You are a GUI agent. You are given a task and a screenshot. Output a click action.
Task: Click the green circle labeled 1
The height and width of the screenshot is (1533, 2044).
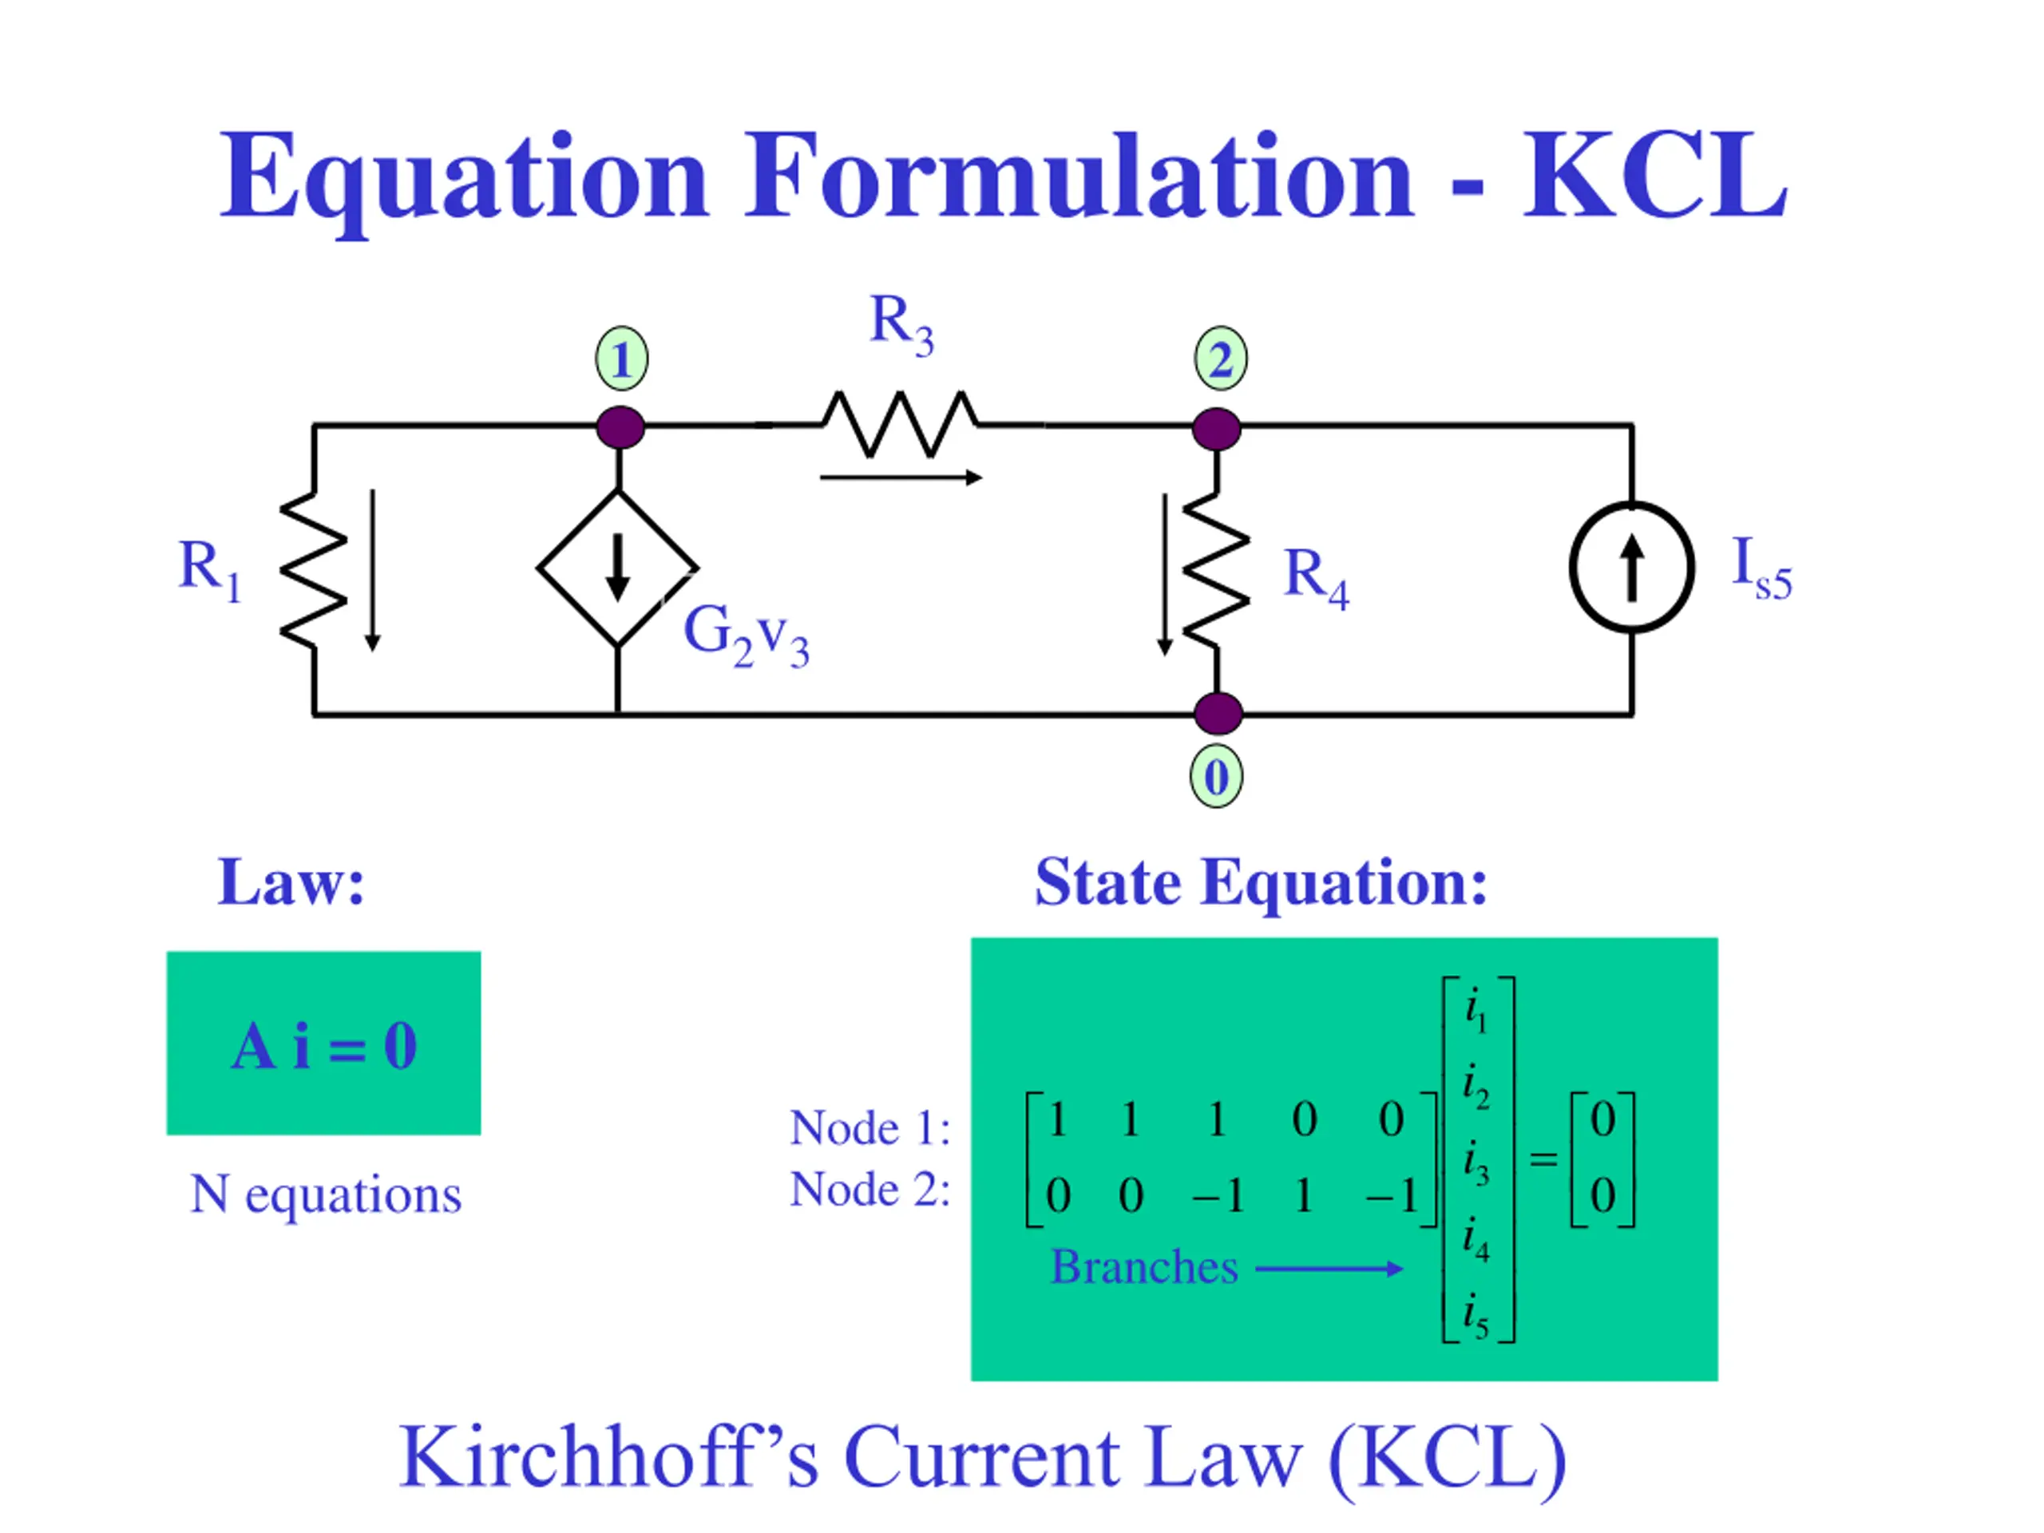[x=621, y=358]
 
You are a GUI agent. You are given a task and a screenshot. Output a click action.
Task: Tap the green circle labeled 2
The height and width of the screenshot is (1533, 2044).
[x=1220, y=358]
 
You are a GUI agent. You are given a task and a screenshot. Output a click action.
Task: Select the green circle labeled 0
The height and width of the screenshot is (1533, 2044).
[x=1216, y=776]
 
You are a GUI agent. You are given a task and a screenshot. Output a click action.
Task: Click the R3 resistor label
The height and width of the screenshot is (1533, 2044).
[x=901, y=323]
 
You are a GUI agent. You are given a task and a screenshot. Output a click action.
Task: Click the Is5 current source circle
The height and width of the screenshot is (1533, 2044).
[x=1631, y=568]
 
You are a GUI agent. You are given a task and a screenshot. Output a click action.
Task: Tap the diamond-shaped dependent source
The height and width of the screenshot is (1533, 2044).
[x=617, y=568]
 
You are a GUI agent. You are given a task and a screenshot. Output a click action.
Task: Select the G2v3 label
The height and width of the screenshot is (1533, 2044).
[x=746, y=636]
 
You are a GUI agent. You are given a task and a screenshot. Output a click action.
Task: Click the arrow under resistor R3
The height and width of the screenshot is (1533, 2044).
[x=900, y=477]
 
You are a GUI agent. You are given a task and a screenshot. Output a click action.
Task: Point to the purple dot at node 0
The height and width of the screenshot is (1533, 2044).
[x=1217, y=713]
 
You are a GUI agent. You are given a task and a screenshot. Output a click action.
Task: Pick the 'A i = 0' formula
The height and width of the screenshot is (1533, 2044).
[x=323, y=1047]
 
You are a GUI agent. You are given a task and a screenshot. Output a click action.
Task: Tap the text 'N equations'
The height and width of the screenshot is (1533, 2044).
[x=325, y=1194]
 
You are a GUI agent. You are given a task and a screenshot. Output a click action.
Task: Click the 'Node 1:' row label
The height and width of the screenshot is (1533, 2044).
[x=869, y=1128]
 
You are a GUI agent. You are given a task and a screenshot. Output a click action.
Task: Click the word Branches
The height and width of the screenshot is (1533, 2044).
[x=1144, y=1267]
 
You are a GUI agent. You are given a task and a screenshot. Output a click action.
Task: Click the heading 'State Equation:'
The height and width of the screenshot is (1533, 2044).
[x=1261, y=882]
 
